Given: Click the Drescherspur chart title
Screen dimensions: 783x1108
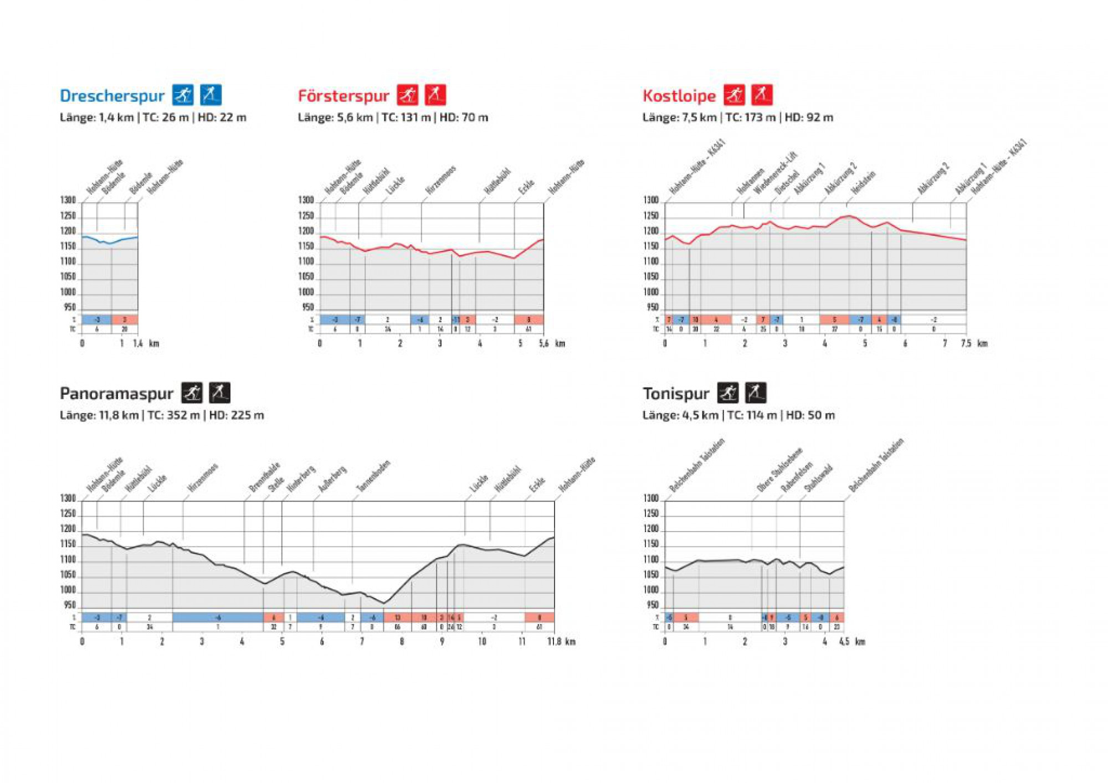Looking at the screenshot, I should (x=112, y=96).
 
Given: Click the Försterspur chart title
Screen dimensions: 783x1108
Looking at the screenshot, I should (x=343, y=96).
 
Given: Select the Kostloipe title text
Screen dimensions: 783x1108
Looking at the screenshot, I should (x=679, y=96).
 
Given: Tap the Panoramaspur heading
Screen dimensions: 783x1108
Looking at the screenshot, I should (x=116, y=394).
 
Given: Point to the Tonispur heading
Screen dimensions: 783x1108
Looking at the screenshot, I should (x=676, y=394).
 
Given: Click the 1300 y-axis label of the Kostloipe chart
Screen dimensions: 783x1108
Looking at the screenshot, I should (x=651, y=200).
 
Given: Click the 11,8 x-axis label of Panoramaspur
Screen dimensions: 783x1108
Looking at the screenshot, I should (x=554, y=641).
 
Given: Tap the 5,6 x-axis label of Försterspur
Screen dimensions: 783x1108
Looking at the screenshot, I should (x=544, y=343).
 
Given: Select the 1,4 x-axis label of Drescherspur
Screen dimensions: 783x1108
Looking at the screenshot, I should (x=138, y=343).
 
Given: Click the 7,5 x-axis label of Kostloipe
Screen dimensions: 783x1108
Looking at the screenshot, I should (x=966, y=343).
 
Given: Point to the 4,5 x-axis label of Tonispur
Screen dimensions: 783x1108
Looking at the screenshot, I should (x=844, y=641).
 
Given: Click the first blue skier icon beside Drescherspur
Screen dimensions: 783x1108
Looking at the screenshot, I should (x=183, y=95).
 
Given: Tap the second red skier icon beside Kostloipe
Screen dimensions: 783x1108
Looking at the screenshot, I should (x=762, y=95).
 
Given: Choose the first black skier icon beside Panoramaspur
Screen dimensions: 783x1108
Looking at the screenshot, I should (x=192, y=393).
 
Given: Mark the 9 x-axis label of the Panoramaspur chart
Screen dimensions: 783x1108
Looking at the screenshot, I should (x=442, y=641).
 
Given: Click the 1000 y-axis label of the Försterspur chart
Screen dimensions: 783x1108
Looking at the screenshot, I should (x=306, y=292).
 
